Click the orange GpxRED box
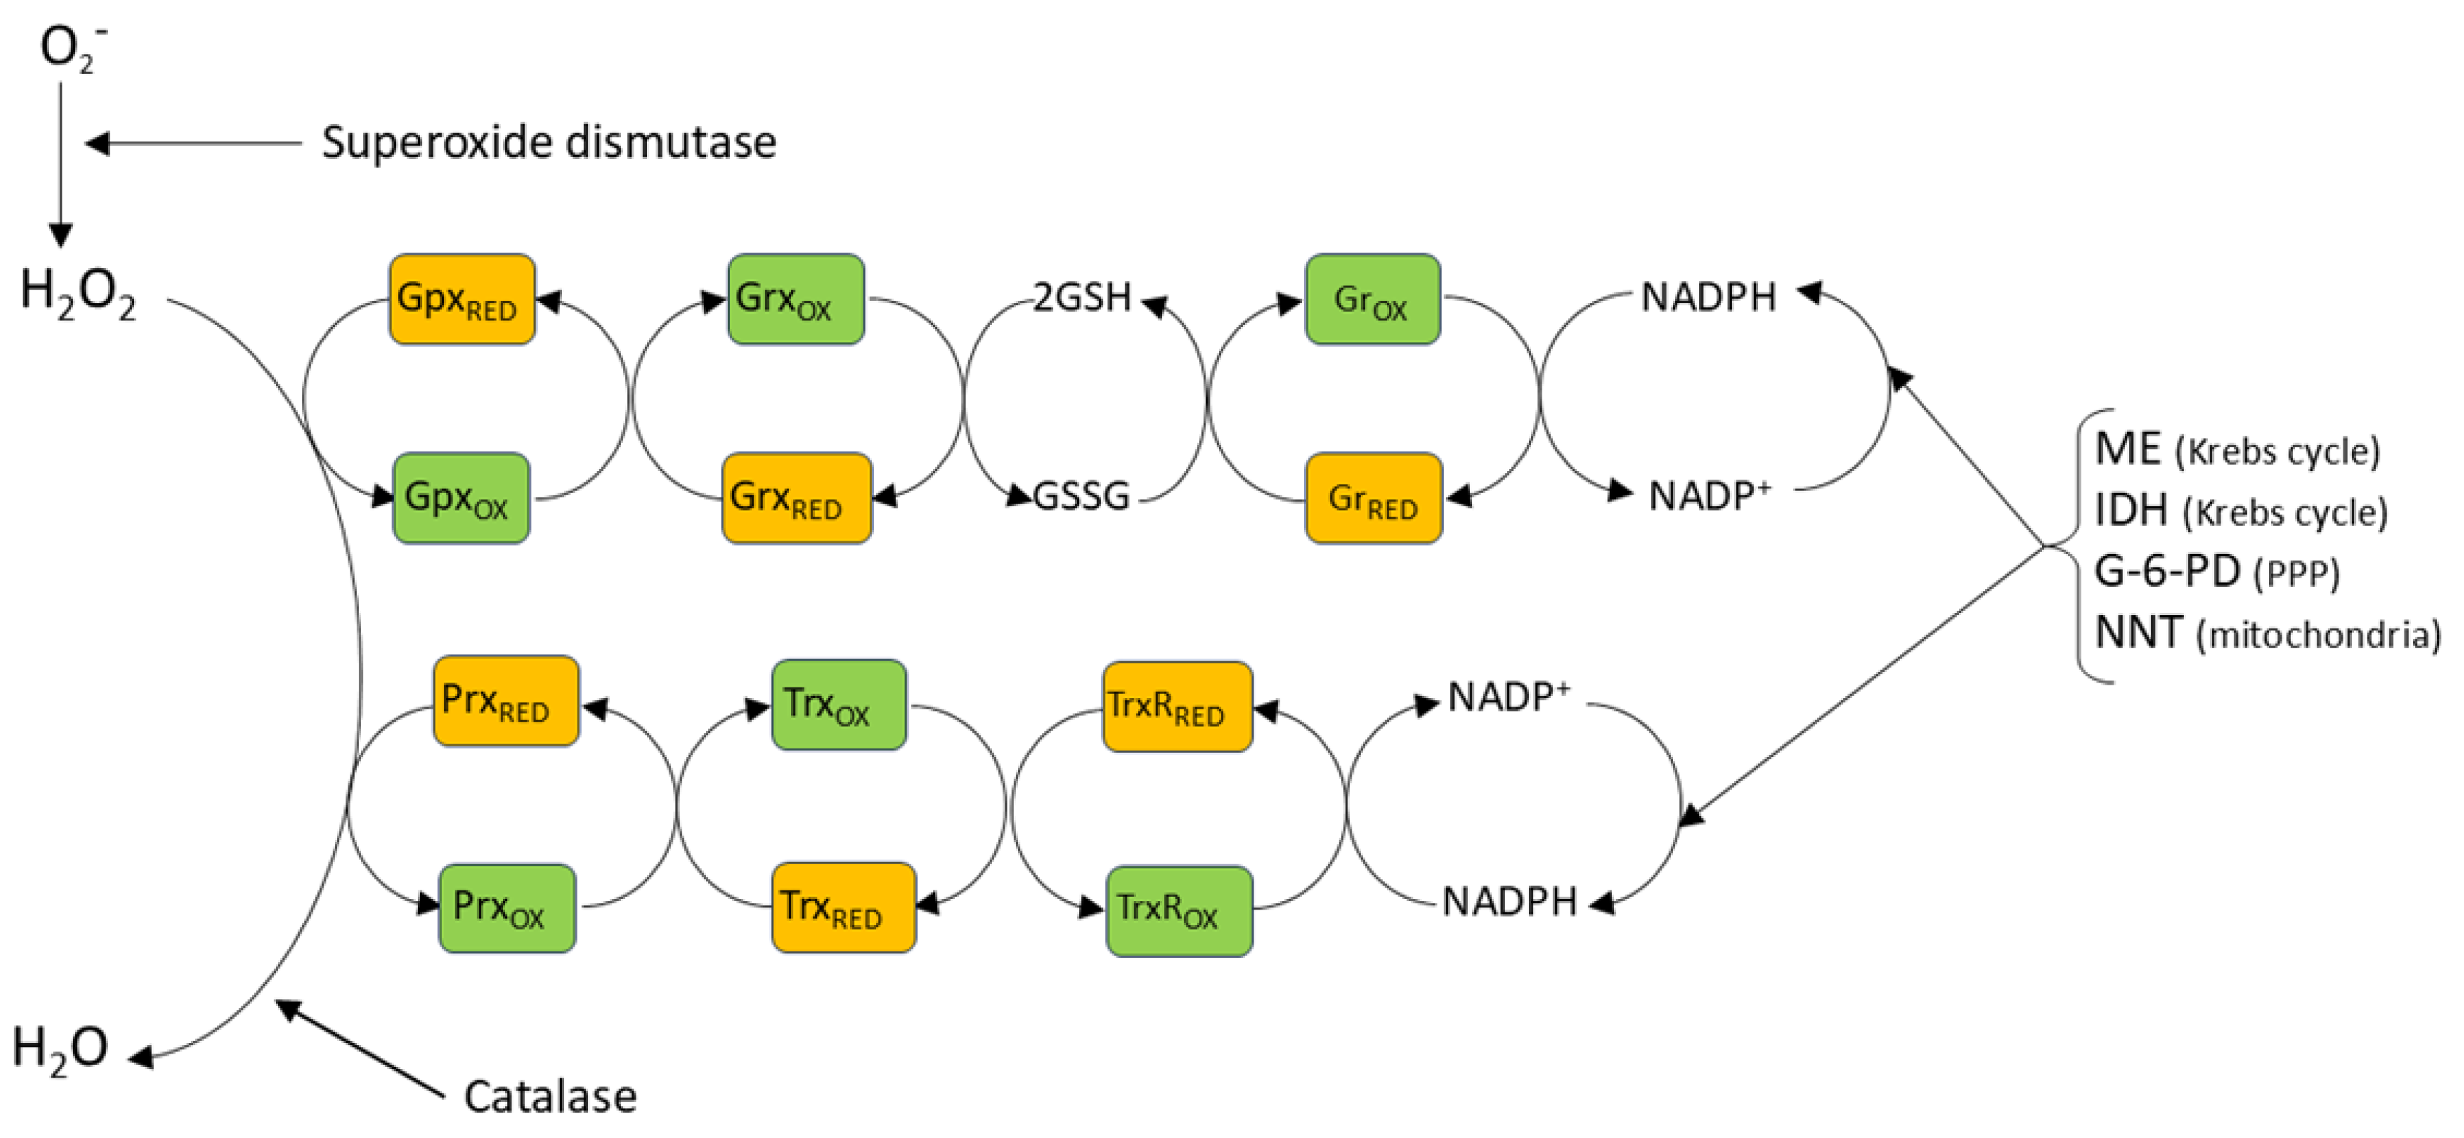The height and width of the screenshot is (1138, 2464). pos(461,299)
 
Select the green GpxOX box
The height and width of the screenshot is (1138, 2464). pos(461,497)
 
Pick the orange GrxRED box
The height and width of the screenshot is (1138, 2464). pos(796,497)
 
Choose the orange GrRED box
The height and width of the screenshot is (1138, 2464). pos(1373,497)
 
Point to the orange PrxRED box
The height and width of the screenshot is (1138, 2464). pos(505,700)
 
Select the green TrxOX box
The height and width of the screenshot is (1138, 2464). pos(838,704)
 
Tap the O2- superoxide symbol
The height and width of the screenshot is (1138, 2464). pos(69,48)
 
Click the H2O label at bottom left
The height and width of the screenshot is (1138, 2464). pos(60,1048)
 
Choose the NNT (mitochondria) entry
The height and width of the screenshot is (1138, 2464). pos(2265,633)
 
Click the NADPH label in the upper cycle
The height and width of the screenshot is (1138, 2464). pos(1708,297)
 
